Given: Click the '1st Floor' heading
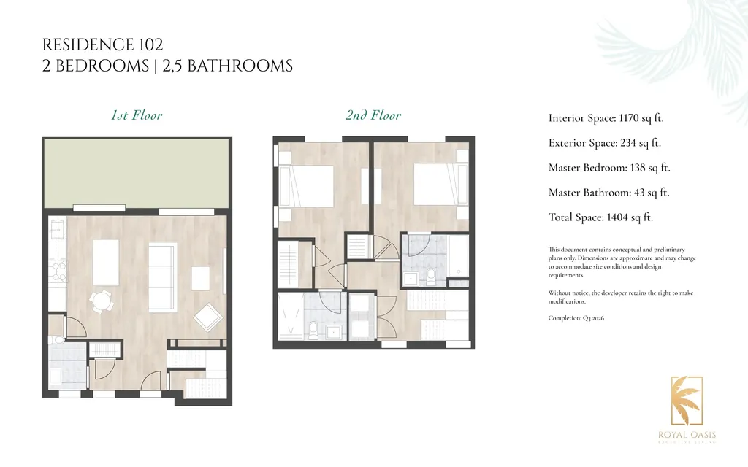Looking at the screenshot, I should coord(137,115).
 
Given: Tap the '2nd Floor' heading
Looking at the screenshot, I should coord(373,115).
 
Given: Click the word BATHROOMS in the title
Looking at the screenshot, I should coord(240,66).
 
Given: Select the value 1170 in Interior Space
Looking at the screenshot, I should coord(631,118).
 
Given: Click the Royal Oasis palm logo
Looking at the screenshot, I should coord(687,401).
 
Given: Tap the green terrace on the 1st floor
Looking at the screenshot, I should coord(137,172).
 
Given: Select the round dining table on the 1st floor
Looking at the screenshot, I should coord(102,300).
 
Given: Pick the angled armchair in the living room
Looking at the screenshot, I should coord(208,317).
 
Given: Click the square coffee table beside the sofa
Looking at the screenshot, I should coord(201,277).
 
